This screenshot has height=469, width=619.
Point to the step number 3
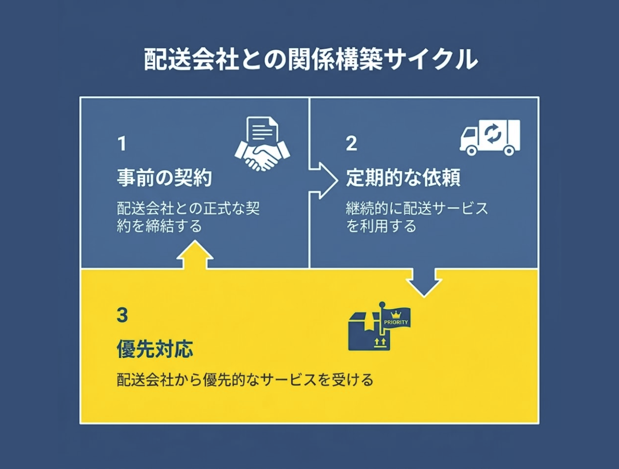pyautogui.click(x=122, y=315)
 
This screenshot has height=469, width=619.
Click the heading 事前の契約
pyautogui.click(x=164, y=178)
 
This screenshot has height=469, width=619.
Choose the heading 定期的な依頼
pyautogui.click(x=403, y=178)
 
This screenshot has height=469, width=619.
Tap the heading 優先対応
pyautogui.click(x=155, y=349)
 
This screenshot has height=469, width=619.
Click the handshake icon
pyautogui.click(x=262, y=157)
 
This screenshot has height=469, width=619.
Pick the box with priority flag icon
pyautogui.click(x=375, y=330)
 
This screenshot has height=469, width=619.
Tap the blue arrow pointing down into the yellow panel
pyautogui.click(x=424, y=282)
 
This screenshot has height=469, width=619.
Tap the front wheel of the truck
pyautogui.click(x=472, y=151)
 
